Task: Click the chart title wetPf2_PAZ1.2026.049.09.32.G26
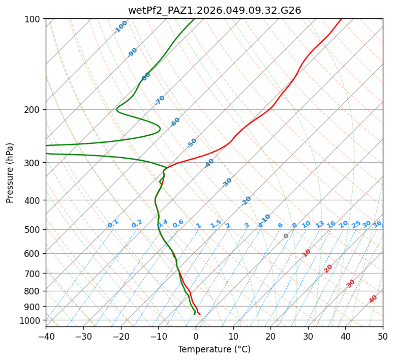pos(214,10)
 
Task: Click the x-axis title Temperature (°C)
pos(214,350)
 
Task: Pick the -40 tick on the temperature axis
pos(46,336)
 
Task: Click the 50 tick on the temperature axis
pos(383,336)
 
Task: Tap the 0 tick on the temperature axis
pos(196,336)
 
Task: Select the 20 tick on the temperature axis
pos(270,336)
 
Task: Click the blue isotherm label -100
pos(121,26)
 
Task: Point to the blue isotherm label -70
pos(160,100)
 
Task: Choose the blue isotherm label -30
pos(227,183)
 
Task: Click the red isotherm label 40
pos(373,299)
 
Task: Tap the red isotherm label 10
pos(307,253)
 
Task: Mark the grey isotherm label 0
pos(286,236)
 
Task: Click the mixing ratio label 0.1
pos(113,224)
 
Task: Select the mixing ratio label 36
pos(377,224)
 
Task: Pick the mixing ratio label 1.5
pos(216,224)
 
